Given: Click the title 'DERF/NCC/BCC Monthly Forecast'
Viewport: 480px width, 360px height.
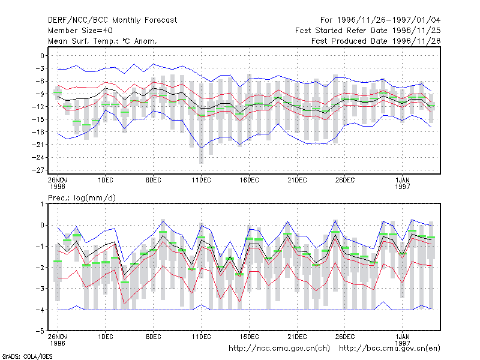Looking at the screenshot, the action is pos(112,20).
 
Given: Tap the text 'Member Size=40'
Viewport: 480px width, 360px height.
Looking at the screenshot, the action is pos(80,31).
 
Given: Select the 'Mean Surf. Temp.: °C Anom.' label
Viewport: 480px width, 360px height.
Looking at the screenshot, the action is pos(103,41).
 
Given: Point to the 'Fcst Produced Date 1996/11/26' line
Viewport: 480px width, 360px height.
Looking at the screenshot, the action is pos(376,41).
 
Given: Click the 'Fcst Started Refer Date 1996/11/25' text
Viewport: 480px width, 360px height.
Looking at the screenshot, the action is pos(368,31).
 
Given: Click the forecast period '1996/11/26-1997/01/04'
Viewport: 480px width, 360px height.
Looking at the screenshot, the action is pos(389,20).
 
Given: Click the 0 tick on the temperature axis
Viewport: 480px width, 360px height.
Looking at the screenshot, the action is pos(42,56).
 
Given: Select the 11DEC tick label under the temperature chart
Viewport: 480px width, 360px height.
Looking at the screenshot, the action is pos(201,181).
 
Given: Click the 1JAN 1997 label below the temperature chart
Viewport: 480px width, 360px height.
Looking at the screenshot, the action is pos(402,183).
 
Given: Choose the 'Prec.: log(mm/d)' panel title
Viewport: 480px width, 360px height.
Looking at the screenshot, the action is pos(82,198).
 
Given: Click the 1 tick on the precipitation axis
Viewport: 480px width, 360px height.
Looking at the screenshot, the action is pos(42,204).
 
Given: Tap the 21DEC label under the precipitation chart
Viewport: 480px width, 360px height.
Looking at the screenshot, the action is pos(297,337).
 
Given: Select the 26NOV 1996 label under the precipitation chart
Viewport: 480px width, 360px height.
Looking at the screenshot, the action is pos(58,340).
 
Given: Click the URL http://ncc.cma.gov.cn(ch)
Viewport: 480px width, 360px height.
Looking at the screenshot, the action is pos(279,349).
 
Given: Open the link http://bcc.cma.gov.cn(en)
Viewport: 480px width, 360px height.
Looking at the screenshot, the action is pos(389,349).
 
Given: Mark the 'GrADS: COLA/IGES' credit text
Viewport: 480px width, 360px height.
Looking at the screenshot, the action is pos(27,356).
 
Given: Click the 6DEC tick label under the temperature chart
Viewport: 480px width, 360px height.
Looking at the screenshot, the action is pos(154,181).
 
